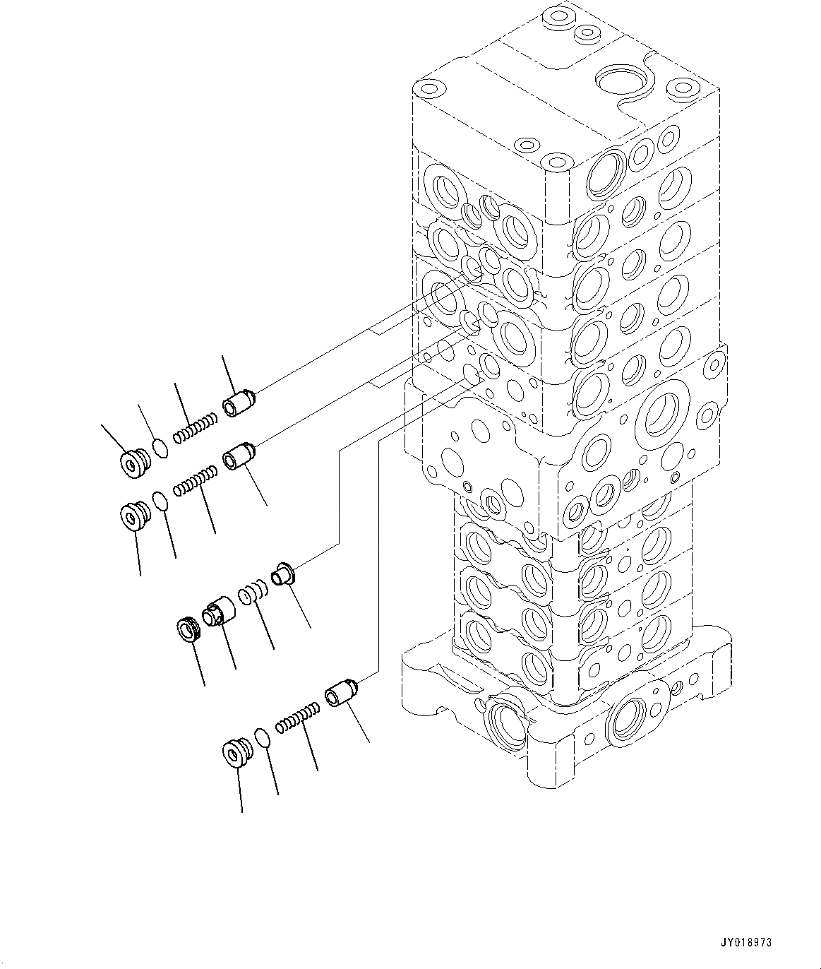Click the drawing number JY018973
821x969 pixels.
pos(746,942)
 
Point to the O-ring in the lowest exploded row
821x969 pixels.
pos(262,738)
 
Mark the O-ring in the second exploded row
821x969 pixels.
pos(161,501)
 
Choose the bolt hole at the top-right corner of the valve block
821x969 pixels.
pos(682,88)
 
